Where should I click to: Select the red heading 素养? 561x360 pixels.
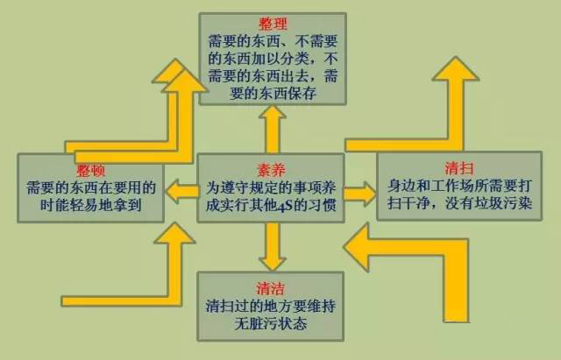click(271, 170)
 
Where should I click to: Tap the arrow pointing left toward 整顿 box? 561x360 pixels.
click(181, 187)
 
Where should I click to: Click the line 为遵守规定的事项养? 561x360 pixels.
click(271, 189)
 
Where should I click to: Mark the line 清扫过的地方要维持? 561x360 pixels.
click(271, 308)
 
